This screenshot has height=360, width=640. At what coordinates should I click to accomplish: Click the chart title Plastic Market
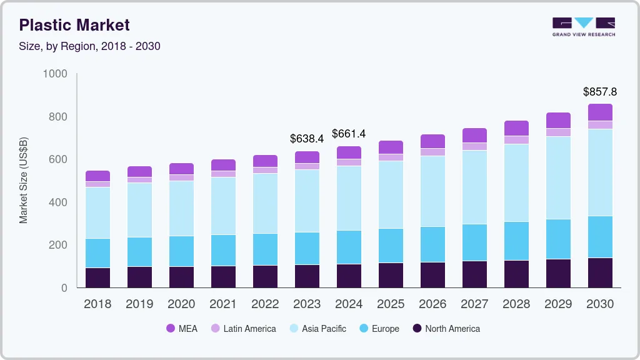(74, 25)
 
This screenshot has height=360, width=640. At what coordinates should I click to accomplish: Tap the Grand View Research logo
(583, 27)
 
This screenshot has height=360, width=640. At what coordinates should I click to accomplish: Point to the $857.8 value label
(599, 92)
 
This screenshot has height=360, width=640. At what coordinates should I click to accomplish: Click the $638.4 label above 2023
(306, 139)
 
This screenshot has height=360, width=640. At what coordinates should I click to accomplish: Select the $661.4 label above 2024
(348, 134)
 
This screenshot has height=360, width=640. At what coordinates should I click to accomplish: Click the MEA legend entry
(182, 328)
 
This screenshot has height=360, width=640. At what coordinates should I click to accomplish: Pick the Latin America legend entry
(244, 328)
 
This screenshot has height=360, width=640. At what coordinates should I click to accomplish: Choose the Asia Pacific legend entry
(318, 328)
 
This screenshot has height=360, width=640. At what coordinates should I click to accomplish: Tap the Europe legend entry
(379, 328)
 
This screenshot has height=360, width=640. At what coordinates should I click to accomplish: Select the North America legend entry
(446, 328)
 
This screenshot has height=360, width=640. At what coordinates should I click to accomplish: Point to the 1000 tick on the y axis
(55, 74)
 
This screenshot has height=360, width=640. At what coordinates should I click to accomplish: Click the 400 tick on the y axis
(58, 202)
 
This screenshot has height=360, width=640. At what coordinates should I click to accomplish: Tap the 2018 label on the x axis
(97, 304)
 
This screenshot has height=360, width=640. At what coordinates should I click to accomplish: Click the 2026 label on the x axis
(432, 304)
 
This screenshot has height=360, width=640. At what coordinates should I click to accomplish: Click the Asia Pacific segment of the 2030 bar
(600, 172)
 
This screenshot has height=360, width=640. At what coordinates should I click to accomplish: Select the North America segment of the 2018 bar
(97, 277)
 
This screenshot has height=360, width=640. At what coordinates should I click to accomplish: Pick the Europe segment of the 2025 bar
(391, 246)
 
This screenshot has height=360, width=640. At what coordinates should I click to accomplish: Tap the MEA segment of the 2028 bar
(516, 128)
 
